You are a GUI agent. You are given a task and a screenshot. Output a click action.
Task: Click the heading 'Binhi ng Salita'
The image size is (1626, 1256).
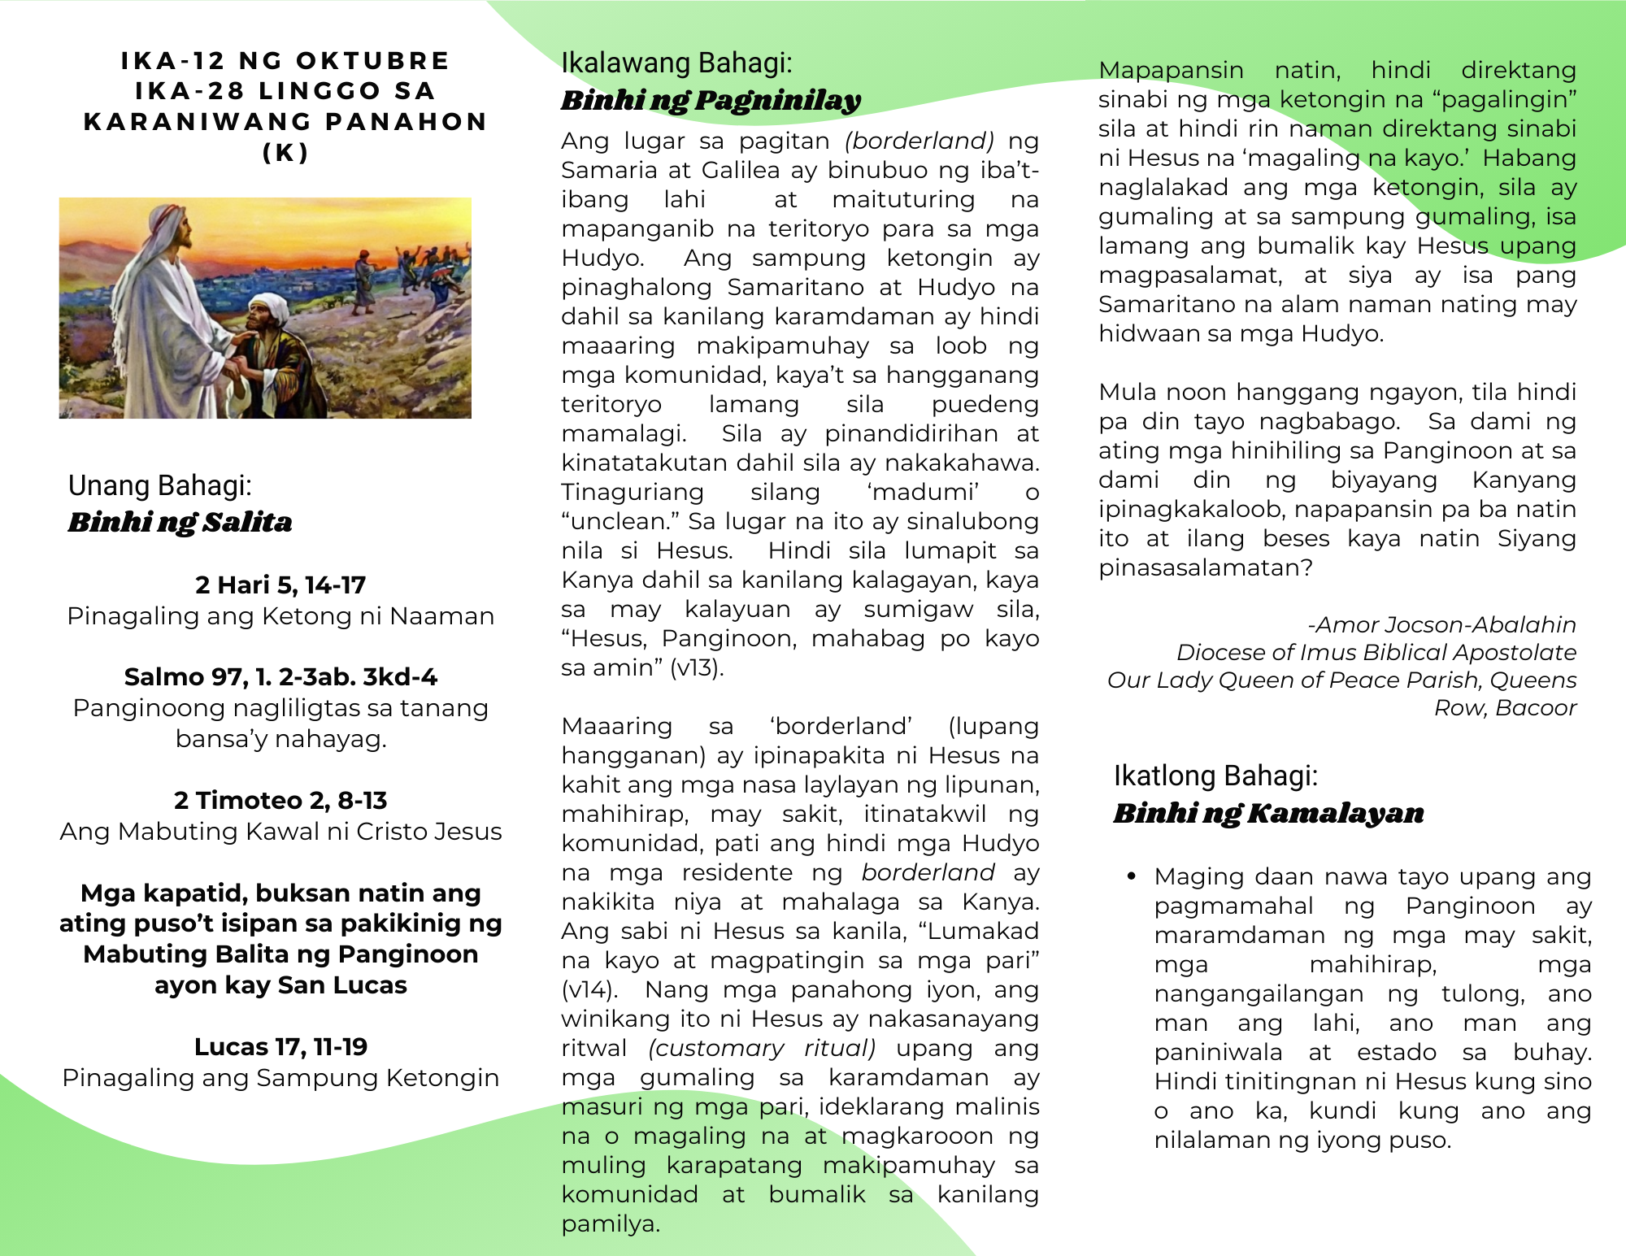tap(180, 522)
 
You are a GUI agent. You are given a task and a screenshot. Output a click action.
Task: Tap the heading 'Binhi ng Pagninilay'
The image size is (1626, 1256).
tap(711, 100)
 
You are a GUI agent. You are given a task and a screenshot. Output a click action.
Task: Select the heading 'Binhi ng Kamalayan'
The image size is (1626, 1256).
tap(1268, 813)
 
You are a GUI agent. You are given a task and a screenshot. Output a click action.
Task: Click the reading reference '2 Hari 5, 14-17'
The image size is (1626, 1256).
tap(280, 585)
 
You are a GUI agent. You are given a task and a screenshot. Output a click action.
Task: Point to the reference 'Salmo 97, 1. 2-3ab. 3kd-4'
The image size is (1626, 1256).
tap(280, 676)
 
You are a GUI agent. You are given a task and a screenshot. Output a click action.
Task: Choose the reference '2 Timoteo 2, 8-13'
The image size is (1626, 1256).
tap(280, 800)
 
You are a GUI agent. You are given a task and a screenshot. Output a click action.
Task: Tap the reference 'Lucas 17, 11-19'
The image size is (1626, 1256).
tap(280, 1046)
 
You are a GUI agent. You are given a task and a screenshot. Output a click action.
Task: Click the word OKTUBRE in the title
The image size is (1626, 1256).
tap(372, 61)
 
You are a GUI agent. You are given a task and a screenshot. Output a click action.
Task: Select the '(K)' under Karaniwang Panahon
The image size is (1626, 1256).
tap(285, 153)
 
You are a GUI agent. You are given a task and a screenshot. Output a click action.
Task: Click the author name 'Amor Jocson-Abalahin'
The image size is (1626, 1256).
tap(1446, 624)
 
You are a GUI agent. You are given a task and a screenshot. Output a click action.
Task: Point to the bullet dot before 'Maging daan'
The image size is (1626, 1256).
tap(1131, 876)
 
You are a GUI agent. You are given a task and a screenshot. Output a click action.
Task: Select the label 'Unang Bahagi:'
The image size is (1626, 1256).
tap(160, 485)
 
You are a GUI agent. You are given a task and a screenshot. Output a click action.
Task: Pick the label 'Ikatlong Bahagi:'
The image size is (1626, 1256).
tap(1215, 776)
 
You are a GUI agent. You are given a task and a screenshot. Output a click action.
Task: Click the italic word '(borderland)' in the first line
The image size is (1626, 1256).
tap(920, 141)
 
